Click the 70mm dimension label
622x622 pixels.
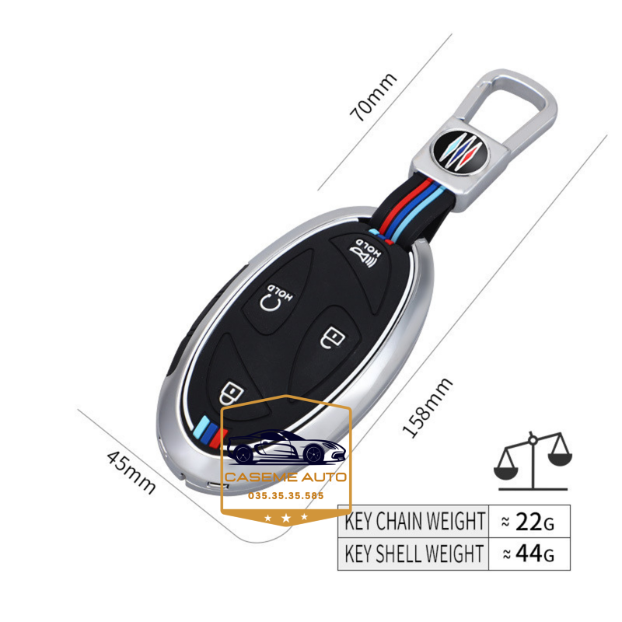(374, 97)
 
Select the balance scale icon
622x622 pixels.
(533, 462)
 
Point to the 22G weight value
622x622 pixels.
(529, 521)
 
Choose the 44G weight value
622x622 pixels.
(529, 554)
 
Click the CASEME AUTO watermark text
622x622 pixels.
(286, 477)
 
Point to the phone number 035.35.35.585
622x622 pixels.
(285, 494)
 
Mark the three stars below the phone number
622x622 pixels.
(285, 516)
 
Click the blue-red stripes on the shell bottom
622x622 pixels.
(209, 427)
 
